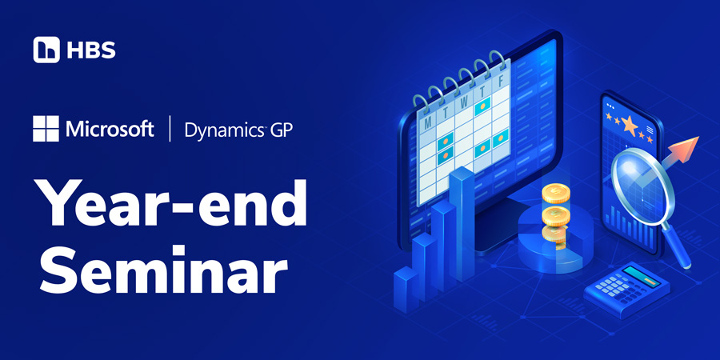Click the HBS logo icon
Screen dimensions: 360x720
pos(46,50)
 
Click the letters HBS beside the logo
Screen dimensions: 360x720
pos(90,50)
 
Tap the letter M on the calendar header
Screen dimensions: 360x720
pos(428,122)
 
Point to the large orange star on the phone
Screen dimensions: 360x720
pos(626,126)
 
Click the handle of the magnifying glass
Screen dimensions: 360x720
pos(680,249)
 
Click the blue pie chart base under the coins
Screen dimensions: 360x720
pos(552,244)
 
